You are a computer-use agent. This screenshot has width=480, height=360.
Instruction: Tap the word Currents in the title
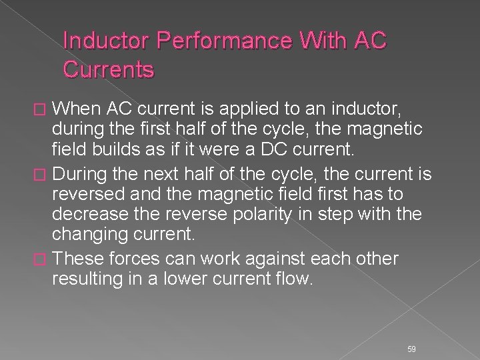(108, 69)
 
